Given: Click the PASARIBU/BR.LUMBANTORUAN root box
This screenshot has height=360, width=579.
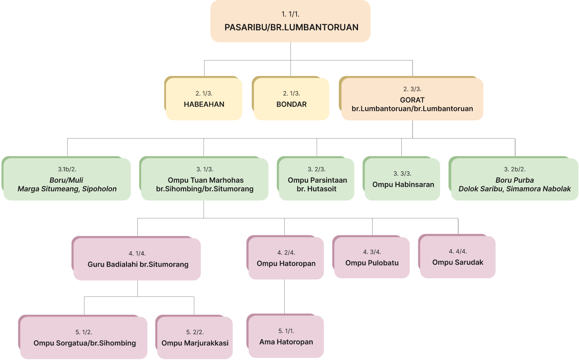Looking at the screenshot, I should point(290,21).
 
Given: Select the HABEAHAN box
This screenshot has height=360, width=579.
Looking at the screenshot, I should point(204,99).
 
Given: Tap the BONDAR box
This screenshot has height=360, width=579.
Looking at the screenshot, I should point(291,99).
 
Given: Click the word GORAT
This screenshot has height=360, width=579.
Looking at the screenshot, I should point(412,100).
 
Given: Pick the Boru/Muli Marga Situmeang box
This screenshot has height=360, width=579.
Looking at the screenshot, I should point(67,179).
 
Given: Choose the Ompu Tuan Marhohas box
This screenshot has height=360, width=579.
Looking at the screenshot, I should point(205,179).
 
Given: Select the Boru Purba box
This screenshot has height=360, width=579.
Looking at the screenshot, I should point(514,179).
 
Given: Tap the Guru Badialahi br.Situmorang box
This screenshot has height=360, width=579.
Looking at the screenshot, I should point(137,259).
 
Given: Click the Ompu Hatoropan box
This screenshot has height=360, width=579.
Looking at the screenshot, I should point(286,258).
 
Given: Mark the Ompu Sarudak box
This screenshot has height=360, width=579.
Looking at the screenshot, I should point(457,257).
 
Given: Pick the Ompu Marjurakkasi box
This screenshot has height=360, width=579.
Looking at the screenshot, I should point(195,338).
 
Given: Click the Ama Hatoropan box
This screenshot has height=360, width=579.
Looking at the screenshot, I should point(286,337).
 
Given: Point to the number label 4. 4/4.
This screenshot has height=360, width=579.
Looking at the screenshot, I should point(458,251).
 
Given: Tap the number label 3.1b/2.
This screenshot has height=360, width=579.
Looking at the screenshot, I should point(67,169).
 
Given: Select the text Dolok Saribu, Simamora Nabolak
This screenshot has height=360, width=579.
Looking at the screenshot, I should point(515,189).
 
